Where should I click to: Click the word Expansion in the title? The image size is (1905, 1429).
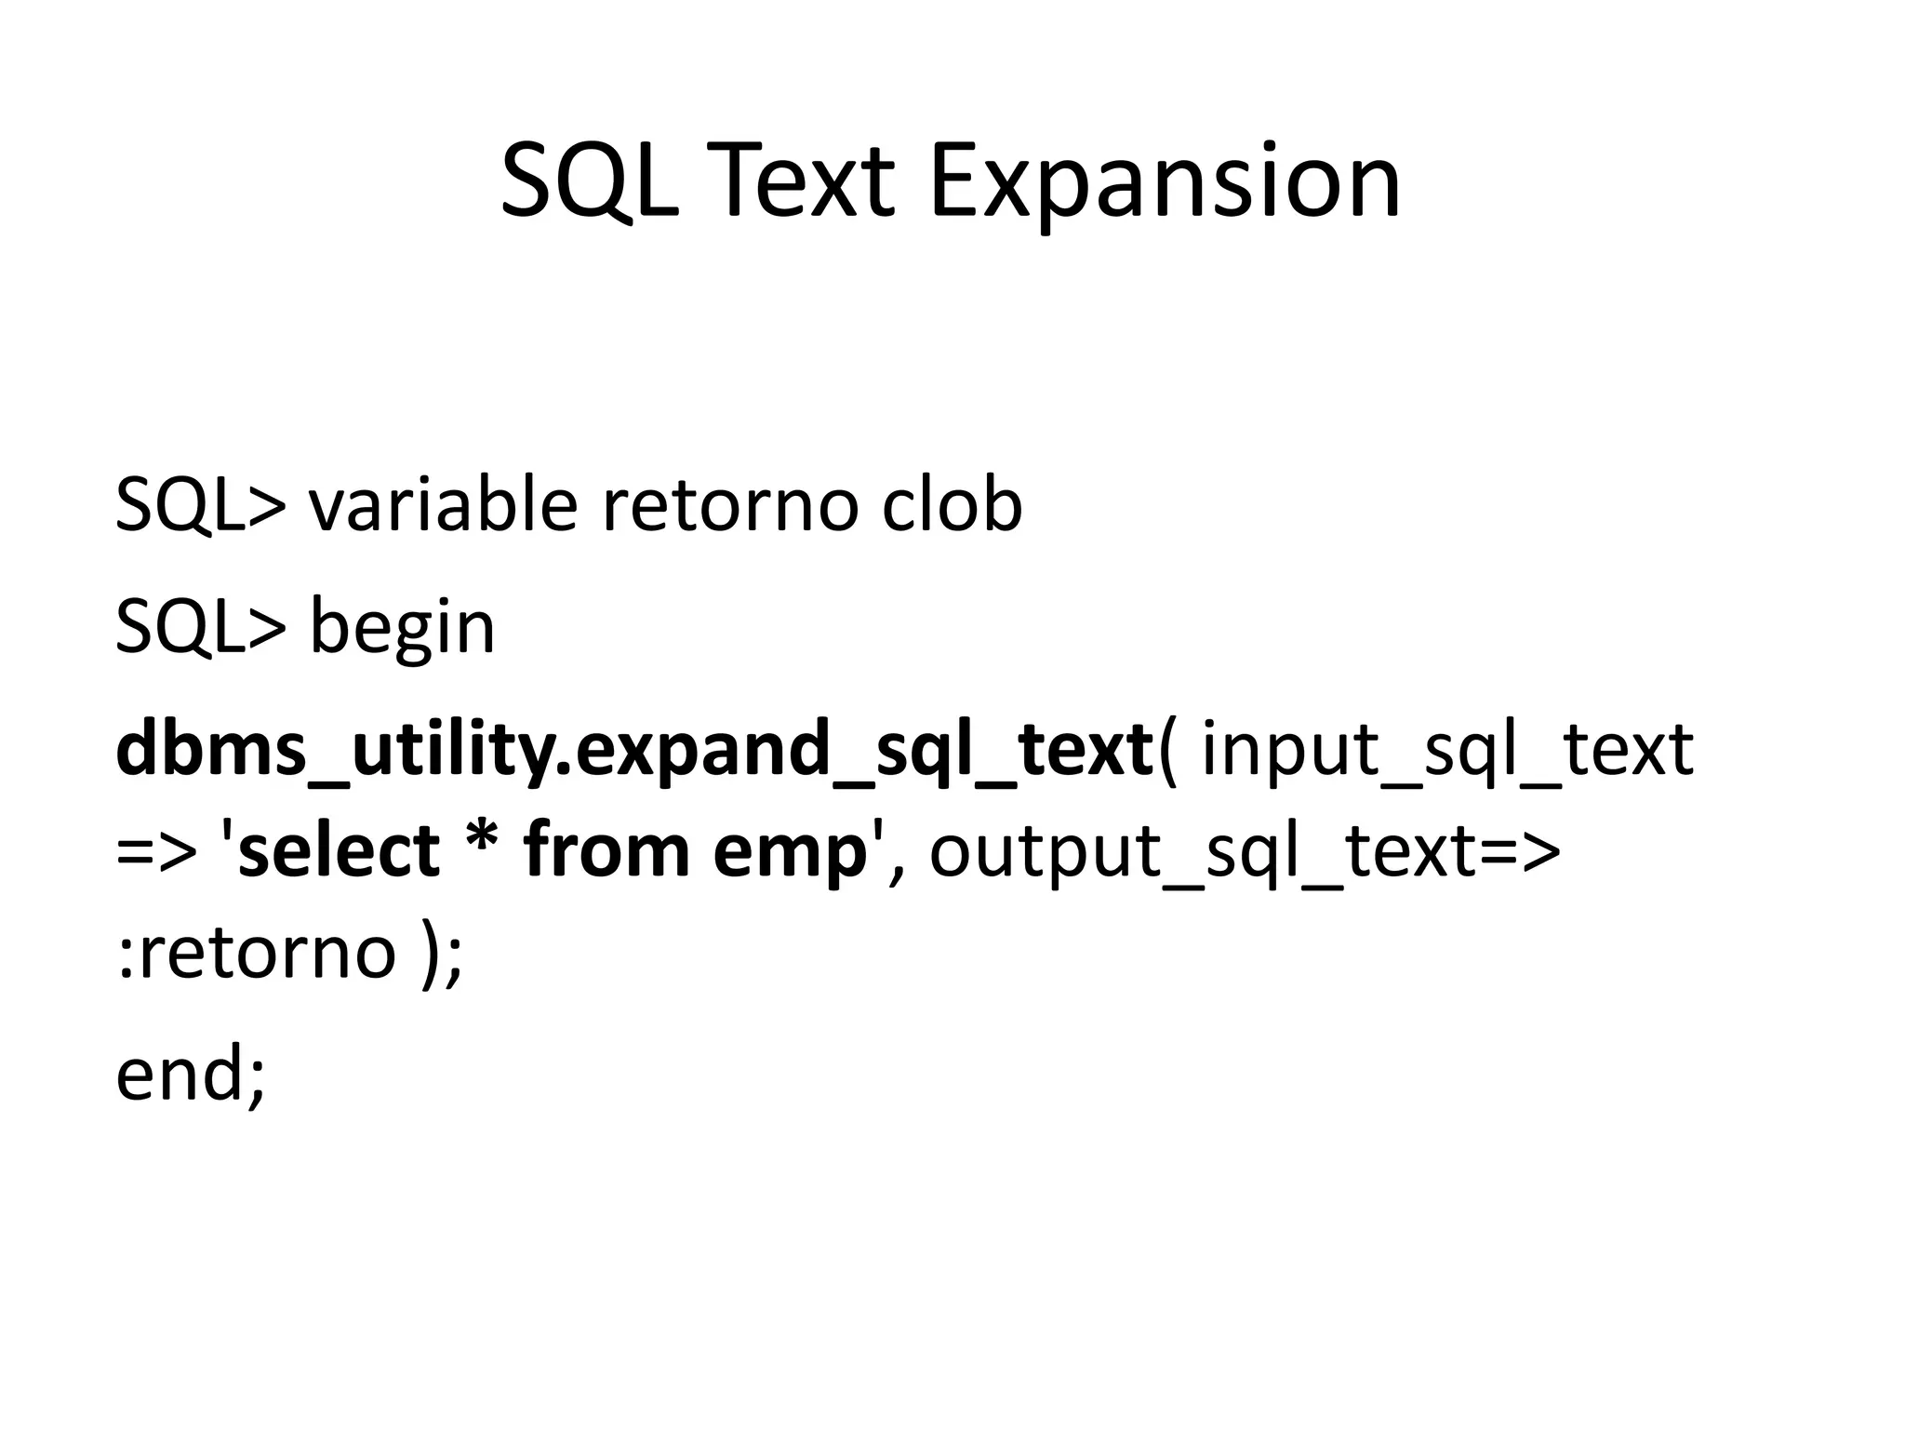tap(1165, 183)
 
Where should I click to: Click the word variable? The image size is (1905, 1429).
tap(442, 506)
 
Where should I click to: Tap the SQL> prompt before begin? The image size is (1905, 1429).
tap(201, 628)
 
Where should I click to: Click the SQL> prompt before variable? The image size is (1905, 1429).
tap(201, 506)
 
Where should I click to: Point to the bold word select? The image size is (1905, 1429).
tap(339, 850)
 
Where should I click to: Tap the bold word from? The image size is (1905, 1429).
tap(606, 850)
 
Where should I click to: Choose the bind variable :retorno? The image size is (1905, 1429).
tap(257, 954)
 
